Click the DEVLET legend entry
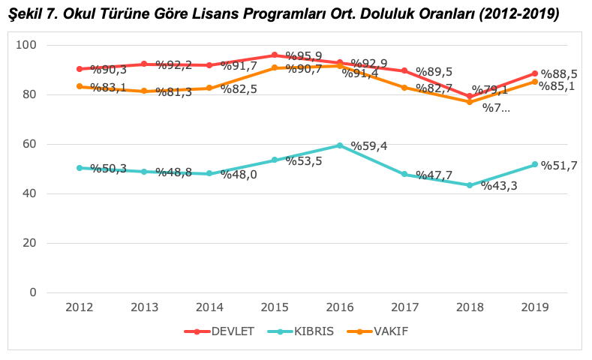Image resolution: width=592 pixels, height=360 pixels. point(228,331)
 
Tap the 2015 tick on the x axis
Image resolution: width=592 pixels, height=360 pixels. point(275,307)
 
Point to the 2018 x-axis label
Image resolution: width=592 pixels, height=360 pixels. point(470,307)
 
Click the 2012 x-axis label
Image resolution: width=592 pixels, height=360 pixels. point(80,307)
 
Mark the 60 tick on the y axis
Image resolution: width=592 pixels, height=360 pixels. point(29,144)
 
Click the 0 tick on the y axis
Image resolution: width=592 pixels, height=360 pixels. point(33,292)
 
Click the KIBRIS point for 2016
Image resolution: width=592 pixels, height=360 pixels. point(340,145)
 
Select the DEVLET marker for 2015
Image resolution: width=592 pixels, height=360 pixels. point(275,55)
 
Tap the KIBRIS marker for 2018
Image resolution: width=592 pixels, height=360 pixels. point(470,185)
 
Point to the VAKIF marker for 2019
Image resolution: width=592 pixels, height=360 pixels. point(535,82)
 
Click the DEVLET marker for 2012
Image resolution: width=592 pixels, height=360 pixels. point(80,69)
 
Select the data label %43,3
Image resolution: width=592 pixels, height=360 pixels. point(499,186)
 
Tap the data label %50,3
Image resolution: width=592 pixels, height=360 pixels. point(108,169)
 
